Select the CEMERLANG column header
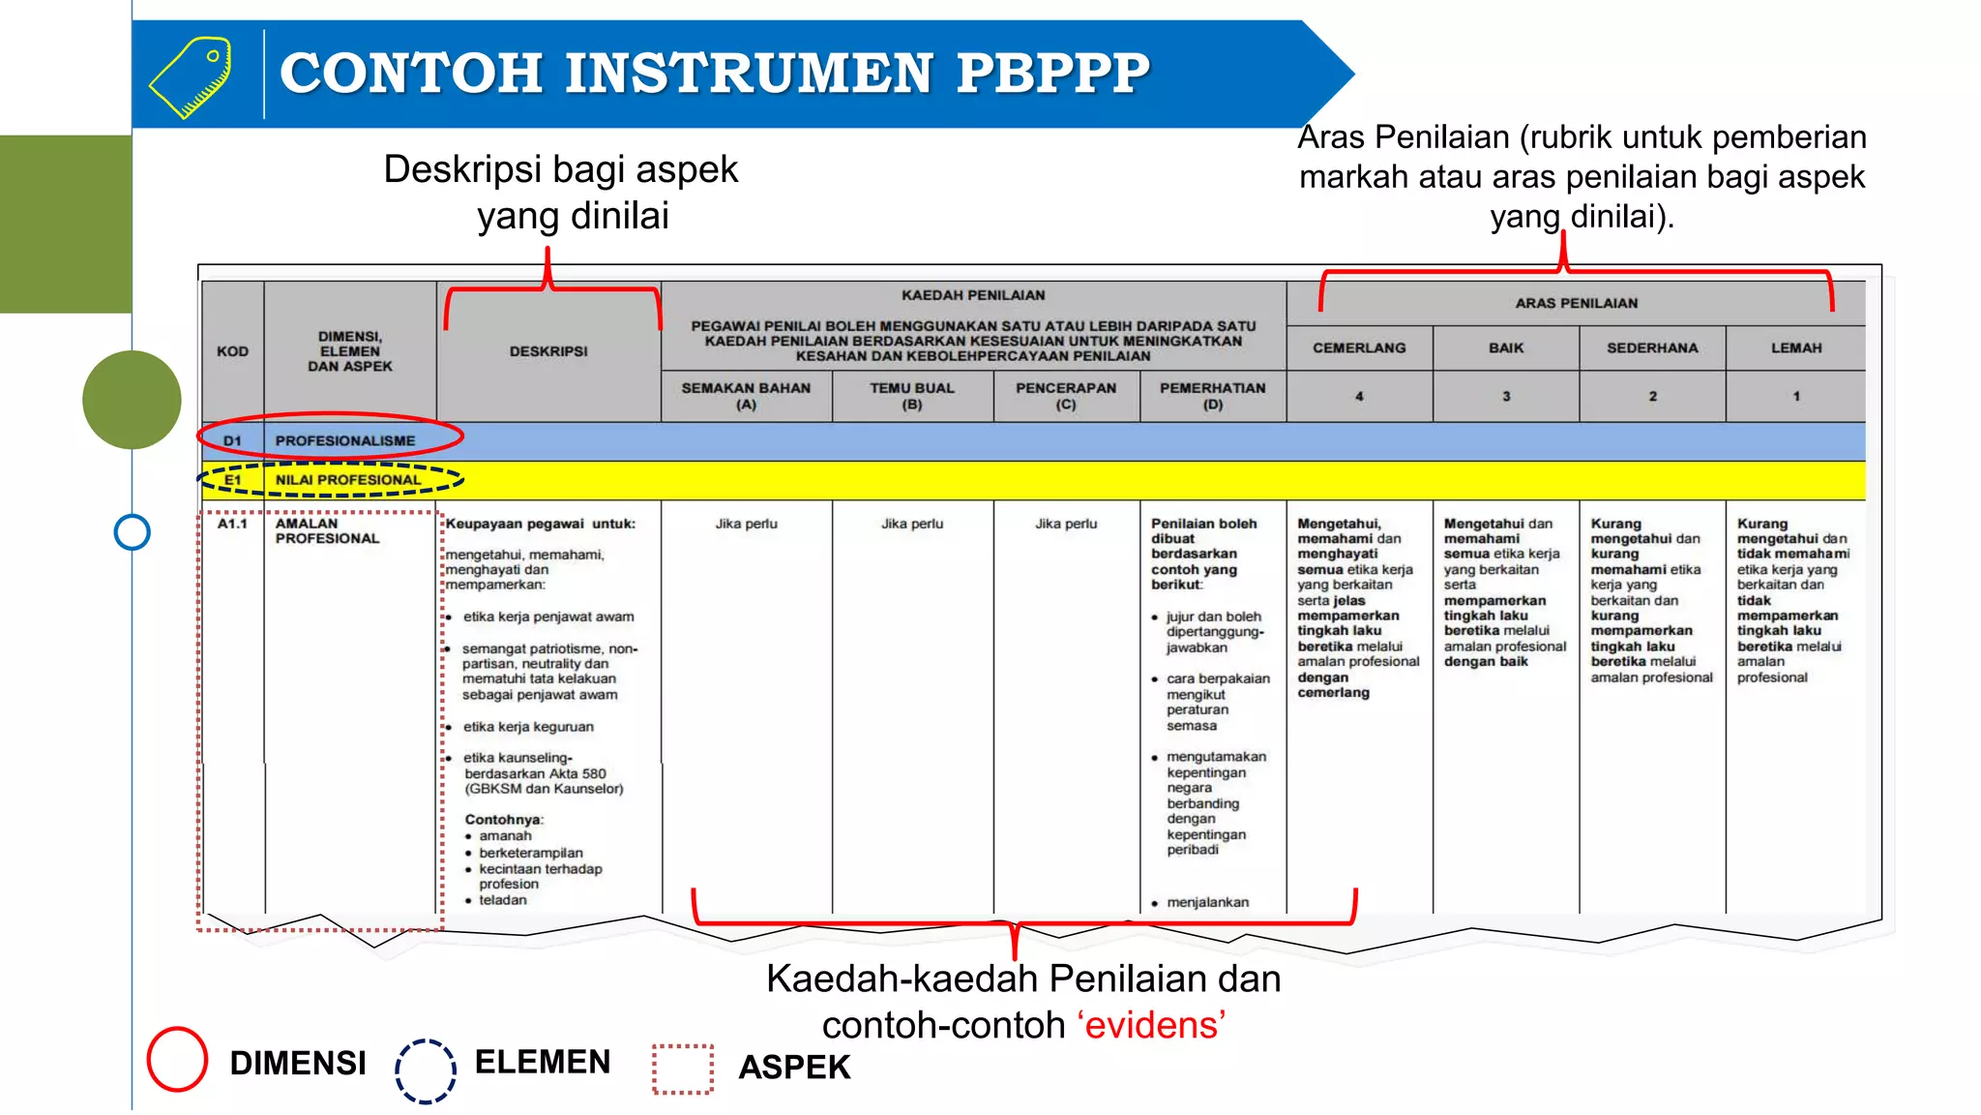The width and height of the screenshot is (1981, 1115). [x=1359, y=348]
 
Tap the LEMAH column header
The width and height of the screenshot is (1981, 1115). [x=1796, y=348]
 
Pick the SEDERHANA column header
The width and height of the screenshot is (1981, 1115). [x=1652, y=348]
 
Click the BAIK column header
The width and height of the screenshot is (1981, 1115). [x=1506, y=348]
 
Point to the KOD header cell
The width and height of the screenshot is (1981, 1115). [x=232, y=351]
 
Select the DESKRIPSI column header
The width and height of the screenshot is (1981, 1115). [x=548, y=351]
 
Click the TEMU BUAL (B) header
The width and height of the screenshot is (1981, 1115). [x=912, y=396]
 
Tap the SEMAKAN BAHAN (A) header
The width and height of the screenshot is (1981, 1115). [x=746, y=396]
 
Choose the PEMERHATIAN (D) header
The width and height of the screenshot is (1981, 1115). [x=1213, y=396]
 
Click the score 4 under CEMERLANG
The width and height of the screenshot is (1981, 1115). [x=1359, y=397]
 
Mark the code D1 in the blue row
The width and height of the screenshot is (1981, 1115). [x=232, y=441]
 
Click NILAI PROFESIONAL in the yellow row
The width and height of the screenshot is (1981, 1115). [x=348, y=480]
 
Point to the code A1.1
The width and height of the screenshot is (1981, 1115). [x=232, y=524]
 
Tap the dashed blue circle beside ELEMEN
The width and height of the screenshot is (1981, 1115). [x=426, y=1070]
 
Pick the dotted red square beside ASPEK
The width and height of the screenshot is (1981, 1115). [x=683, y=1070]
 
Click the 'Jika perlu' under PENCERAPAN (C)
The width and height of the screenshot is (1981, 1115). [x=1066, y=524]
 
